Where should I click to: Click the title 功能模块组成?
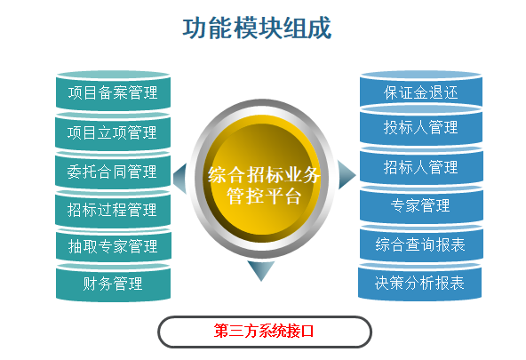pos(258,28)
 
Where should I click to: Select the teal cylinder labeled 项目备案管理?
pos(113,91)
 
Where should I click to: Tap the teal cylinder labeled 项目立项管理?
pos(113,132)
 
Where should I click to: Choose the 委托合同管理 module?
pos(113,171)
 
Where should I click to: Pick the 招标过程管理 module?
pos(113,209)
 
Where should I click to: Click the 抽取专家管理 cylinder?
pos(114,245)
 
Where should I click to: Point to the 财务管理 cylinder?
pos(113,282)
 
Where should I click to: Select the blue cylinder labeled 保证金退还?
pos(421,89)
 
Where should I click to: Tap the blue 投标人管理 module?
pos(421,124)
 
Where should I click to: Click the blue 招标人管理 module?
pos(421,165)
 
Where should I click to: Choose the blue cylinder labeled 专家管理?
pos(421,204)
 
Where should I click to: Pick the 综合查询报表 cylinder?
pos(421,244)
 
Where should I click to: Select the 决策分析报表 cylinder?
pos(420,282)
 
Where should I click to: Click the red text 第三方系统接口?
pos(264,332)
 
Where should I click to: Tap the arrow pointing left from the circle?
pos(180,178)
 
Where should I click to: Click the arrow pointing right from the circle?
pos(347,175)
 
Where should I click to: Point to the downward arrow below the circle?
pos(261,270)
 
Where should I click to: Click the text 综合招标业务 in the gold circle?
pos(264,175)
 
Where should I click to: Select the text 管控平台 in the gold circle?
pos(264,196)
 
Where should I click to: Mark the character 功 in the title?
pos(195,28)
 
